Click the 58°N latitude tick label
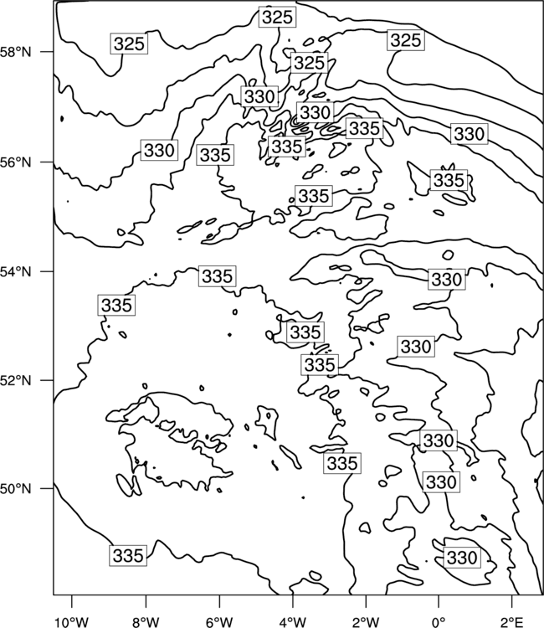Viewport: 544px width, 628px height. click(16, 52)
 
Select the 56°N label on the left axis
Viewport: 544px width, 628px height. click(16, 162)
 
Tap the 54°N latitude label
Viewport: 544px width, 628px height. click(16, 271)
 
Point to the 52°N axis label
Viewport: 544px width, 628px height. click(16, 380)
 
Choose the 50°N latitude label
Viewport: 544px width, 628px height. click(16, 489)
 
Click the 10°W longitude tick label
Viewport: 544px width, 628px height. click(72, 622)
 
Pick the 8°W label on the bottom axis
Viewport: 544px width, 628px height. click(146, 622)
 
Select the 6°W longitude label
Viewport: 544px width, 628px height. click(219, 622)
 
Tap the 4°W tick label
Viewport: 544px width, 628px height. click(293, 622)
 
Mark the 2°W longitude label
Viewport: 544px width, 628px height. click(366, 622)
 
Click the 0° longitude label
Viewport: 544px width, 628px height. click(439, 622)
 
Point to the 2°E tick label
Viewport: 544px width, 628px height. click(512, 622)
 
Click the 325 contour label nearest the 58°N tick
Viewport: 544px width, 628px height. click(129, 44)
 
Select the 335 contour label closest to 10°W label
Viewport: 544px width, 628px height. click(128, 555)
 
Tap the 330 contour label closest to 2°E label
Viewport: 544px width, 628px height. click(462, 558)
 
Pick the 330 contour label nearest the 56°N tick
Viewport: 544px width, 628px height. click(159, 150)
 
